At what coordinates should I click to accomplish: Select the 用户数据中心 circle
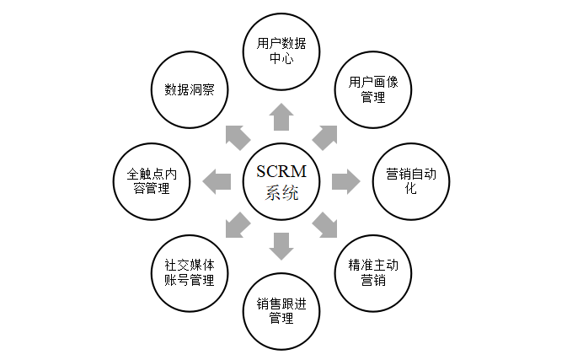282,50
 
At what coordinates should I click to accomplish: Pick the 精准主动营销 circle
372,271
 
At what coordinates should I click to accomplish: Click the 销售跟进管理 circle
282,309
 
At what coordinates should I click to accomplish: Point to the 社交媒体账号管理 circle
190,271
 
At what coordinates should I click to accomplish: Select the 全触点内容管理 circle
152,180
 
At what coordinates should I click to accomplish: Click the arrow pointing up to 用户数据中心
282,117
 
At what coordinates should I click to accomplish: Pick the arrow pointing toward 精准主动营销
325,224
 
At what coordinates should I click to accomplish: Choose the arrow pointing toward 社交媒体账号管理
238,224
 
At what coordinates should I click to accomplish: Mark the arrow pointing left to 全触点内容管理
218,180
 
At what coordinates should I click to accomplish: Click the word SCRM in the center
281,171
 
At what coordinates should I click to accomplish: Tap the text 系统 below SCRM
282,193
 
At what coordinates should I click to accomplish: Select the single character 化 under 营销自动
411,188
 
